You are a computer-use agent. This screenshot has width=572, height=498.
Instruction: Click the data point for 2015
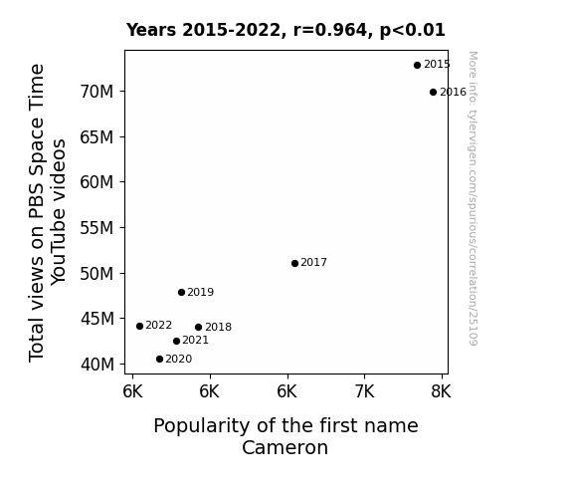tap(418, 66)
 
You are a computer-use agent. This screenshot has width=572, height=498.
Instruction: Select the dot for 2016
tap(433, 92)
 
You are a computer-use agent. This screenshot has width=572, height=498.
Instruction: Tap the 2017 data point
tap(295, 263)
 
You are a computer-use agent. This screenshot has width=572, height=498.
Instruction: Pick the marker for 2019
tap(182, 292)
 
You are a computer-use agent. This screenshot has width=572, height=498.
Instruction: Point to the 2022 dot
tap(139, 326)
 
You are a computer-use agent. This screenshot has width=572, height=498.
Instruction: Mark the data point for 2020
tap(159, 360)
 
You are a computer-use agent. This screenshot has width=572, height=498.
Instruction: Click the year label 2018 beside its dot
tap(218, 327)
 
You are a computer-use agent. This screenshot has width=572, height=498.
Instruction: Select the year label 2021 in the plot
tap(196, 341)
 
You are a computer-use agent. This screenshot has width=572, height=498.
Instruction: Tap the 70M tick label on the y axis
tap(96, 92)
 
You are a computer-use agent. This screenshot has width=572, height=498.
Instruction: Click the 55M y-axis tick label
tap(96, 228)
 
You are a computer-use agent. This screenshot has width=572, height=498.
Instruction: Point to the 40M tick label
tap(97, 365)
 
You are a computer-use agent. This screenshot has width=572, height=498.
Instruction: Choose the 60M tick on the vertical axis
tap(96, 182)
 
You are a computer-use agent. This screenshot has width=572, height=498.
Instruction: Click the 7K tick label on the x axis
tap(364, 391)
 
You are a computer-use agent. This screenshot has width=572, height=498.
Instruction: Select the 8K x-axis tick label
tap(441, 391)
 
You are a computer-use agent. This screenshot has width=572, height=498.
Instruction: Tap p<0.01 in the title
tap(413, 31)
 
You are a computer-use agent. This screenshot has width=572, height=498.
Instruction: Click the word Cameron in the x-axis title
tap(285, 447)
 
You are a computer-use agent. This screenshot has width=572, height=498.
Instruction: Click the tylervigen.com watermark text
tap(473, 198)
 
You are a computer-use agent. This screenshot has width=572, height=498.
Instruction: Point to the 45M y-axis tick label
tap(97, 319)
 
